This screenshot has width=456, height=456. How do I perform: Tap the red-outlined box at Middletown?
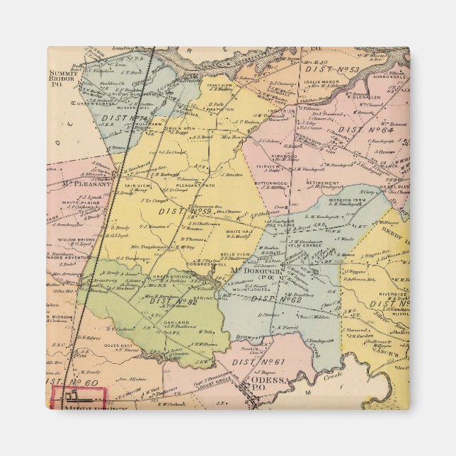[x=78, y=398]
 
